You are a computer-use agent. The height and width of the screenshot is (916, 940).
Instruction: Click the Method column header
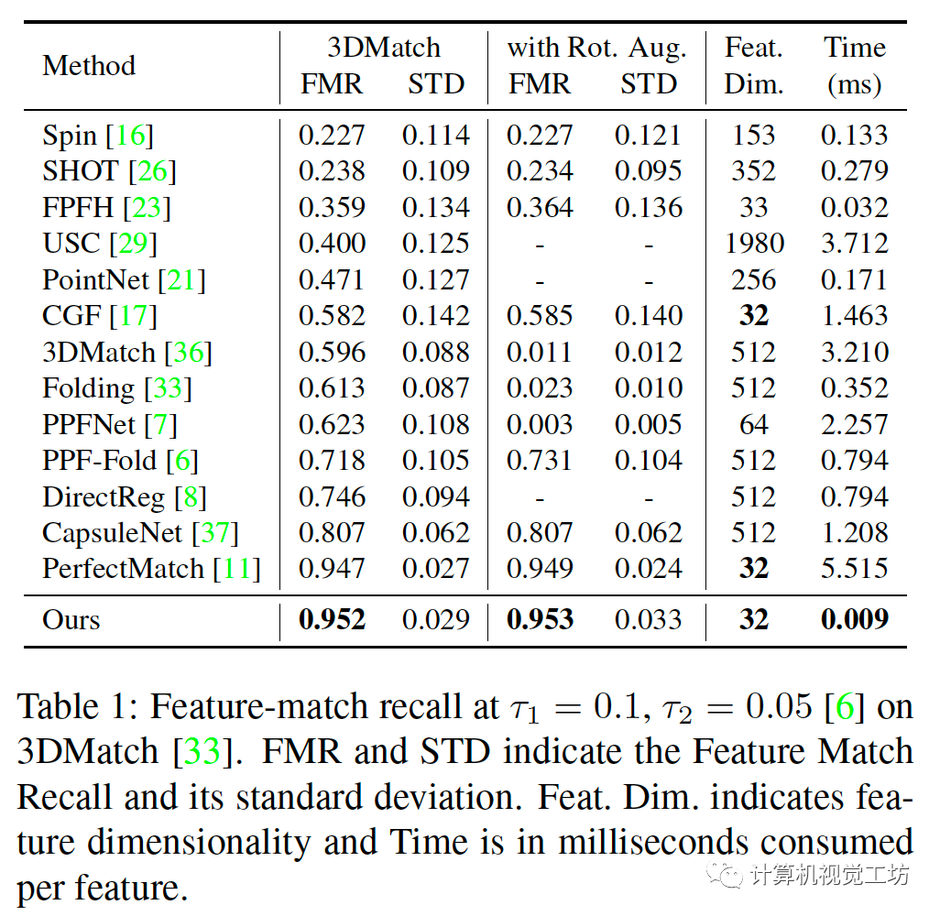[x=89, y=66]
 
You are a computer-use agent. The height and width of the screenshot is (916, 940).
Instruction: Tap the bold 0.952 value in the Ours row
[x=332, y=620]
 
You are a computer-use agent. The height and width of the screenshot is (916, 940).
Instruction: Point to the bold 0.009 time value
[x=854, y=620]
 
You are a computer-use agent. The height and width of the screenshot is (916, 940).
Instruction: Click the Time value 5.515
[x=854, y=569]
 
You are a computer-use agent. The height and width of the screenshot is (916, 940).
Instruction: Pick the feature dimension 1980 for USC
[x=753, y=244]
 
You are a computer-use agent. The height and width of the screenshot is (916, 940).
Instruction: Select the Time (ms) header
[x=854, y=66]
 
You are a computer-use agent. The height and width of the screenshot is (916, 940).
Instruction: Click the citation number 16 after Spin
[x=130, y=136]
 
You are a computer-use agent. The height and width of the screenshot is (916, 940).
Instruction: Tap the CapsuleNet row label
[x=115, y=533]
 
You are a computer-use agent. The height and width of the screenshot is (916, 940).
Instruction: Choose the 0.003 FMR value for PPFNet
[x=540, y=424]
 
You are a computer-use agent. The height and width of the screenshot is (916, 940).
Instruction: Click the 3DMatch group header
[x=384, y=48]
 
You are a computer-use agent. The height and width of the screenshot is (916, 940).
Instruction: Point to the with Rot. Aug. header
[x=596, y=48]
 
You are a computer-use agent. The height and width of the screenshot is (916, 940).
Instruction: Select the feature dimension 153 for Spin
[x=753, y=136]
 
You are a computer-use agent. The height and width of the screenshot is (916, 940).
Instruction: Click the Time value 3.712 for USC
[x=854, y=244]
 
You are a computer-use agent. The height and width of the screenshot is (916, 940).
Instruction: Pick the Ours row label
[x=71, y=620]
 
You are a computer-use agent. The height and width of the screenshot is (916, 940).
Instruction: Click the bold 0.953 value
[x=540, y=620]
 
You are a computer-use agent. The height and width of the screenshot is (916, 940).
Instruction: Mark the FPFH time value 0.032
[x=854, y=208]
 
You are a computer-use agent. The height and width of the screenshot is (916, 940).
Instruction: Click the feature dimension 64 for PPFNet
[x=753, y=424]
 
